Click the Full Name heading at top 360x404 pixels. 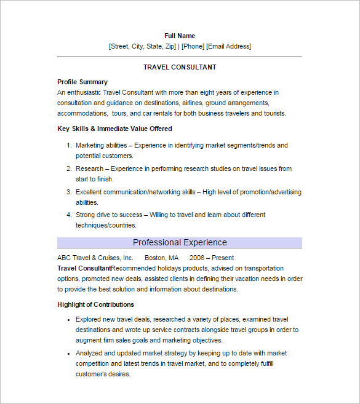180,36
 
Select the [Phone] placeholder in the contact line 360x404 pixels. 193,46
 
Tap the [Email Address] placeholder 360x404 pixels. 228,46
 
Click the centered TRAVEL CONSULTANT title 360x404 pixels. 180,67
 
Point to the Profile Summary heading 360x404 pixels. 82,82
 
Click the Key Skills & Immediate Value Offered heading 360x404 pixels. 114,129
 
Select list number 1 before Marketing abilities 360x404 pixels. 69,146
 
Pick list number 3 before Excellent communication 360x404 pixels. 69,192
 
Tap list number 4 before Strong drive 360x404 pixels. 69,215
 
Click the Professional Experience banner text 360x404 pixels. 180,242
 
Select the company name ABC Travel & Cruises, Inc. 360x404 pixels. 95,258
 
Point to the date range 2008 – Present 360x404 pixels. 212,258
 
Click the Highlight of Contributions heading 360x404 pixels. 95,304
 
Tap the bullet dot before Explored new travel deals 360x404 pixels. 67,320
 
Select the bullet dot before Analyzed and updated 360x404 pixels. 67,354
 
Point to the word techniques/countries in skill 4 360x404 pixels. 106,225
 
